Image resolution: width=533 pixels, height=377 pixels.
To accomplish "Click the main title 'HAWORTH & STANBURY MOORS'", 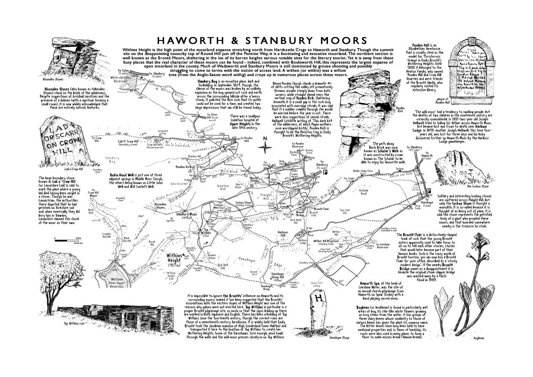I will (x=262, y=40).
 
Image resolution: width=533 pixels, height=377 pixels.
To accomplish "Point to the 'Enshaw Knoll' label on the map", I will (x=364, y=192).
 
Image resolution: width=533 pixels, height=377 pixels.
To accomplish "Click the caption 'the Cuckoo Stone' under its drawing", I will (x=477, y=186).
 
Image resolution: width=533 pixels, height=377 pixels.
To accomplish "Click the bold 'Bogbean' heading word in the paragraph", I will (x=365, y=307).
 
